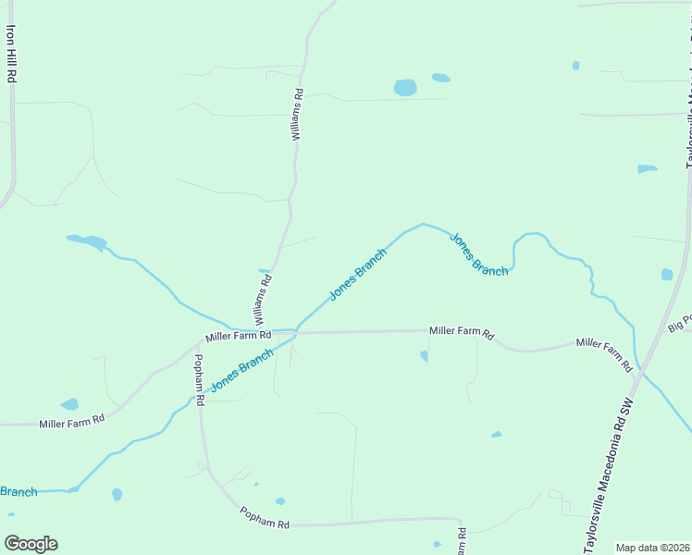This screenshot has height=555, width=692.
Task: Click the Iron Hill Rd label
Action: pos(11,54)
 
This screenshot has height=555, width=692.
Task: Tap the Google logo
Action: pos(31,543)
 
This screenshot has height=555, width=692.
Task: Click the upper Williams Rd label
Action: pos(297,114)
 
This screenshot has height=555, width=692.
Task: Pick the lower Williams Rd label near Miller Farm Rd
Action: pos(262,303)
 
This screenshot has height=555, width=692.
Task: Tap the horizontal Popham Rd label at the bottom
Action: pos(265,517)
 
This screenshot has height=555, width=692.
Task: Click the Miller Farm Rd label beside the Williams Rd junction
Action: pos(238,336)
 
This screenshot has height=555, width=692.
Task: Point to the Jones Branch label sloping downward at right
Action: pos(479,253)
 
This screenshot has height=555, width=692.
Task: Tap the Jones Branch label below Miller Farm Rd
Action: pos(241,369)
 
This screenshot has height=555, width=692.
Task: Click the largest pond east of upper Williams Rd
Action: pos(405,88)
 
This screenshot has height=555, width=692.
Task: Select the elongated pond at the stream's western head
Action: pos(87,242)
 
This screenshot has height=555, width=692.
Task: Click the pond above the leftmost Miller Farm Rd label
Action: pos(69,404)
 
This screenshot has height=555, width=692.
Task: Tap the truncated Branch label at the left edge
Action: pos(18,491)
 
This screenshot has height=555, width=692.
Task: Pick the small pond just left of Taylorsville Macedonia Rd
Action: pos(667,275)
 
